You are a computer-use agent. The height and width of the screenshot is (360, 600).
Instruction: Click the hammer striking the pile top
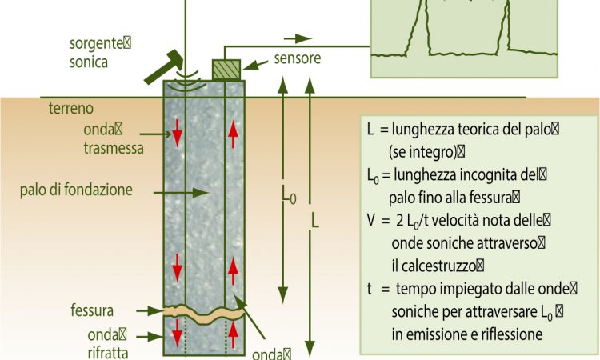(165, 66)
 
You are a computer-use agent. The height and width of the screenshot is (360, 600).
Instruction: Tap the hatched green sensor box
(226, 70)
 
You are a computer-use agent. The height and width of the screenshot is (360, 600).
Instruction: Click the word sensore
(298, 58)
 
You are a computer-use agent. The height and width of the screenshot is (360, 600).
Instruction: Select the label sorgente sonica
(100, 53)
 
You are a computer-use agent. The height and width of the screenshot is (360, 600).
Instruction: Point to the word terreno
(70, 108)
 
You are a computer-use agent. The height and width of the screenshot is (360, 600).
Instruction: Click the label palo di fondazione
(76, 190)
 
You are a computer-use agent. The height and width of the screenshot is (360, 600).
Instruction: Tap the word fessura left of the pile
(92, 310)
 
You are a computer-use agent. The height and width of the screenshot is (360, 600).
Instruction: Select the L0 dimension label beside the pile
(289, 196)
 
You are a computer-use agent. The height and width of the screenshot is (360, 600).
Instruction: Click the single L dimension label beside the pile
(314, 221)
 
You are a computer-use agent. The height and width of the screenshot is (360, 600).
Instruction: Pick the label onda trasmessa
(114, 138)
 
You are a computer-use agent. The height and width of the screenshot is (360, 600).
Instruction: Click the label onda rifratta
(107, 343)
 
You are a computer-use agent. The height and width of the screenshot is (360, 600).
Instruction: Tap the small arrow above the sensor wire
(298, 38)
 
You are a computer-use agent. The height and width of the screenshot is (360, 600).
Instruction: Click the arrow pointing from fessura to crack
(150, 311)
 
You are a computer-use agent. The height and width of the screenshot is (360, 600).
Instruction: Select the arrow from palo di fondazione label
(181, 193)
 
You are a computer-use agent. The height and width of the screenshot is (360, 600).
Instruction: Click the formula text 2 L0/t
(412, 222)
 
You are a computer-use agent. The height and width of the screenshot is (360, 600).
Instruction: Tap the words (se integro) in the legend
(423, 152)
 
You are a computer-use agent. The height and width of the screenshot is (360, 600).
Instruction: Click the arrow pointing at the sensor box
(255, 65)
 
